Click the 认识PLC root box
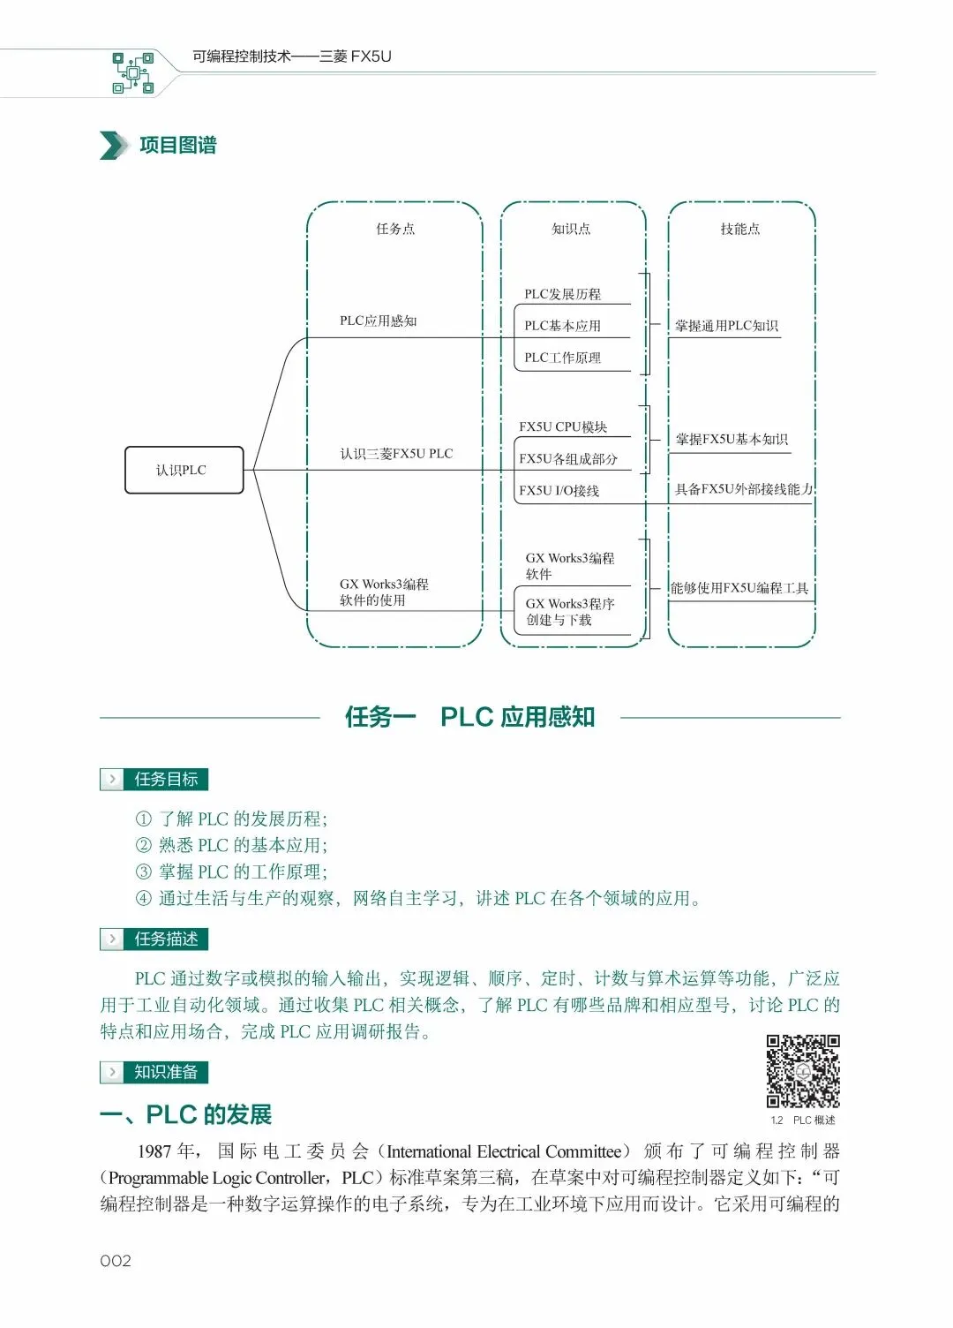184,470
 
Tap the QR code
802,1070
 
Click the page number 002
116,1261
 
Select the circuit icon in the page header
132,72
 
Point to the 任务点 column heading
395,229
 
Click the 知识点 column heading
571,229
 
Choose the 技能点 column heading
739,229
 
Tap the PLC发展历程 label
562,294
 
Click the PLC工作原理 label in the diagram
562,358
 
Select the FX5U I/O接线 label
559,491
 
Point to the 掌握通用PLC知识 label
726,326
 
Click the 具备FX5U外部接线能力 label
743,489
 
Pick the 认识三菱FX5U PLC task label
396,454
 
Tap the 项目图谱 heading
178,146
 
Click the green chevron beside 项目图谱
113,146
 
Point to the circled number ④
143,898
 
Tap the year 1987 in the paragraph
154,1151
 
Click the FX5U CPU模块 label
563,427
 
